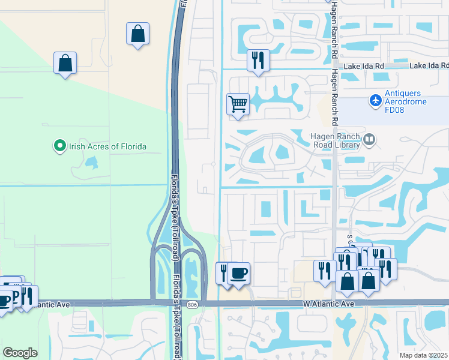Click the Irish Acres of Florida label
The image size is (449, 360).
click(107, 146)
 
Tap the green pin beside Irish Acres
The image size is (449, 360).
click(59, 146)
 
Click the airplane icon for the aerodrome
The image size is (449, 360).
click(376, 99)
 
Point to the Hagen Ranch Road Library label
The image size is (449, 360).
click(334, 140)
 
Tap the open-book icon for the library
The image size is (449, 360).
click(369, 140)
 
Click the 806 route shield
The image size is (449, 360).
click(191, 305)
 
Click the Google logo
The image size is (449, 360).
click(20, 353)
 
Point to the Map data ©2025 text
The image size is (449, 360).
click(423, 355)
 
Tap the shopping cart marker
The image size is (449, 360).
click(238, 104)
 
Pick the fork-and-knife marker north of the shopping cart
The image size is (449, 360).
click(258, 60)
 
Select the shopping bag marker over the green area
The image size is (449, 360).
click(65, 63)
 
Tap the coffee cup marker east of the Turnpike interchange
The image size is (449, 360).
click(239, 273)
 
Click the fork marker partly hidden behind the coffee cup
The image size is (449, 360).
click(223, 273)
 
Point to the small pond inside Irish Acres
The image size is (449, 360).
click(91, 163)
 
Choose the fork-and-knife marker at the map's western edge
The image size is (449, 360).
click(28, 295)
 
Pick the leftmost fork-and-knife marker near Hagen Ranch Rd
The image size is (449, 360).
click(323, 270)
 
